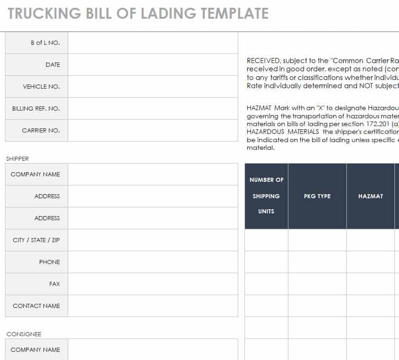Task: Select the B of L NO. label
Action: click(x=45, y=43)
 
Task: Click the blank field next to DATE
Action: click(x=153, y=65)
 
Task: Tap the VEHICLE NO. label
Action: click(x=41, y=87)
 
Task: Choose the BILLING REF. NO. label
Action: click(x=36, y=109)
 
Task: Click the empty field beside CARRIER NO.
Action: click(x=153, y=131)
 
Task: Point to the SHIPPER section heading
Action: click(x=17, y=159)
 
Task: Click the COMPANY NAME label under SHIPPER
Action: click(x=35, y=175)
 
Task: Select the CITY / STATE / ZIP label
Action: click(x=36, y=240)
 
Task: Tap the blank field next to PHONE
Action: click(x=153, y=262)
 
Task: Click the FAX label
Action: click(x=54, y=284)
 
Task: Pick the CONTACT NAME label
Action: click(x=36, y=306)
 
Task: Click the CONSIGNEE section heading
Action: click(x=24, y=334)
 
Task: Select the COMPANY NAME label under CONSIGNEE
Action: click(x=35, y=350)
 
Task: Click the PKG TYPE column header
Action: click(x=317, y=196)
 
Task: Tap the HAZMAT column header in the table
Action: click(x=371, y=196)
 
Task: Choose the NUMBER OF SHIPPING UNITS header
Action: click(x=266, y=196)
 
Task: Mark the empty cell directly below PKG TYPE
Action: click(x=317, y=240)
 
